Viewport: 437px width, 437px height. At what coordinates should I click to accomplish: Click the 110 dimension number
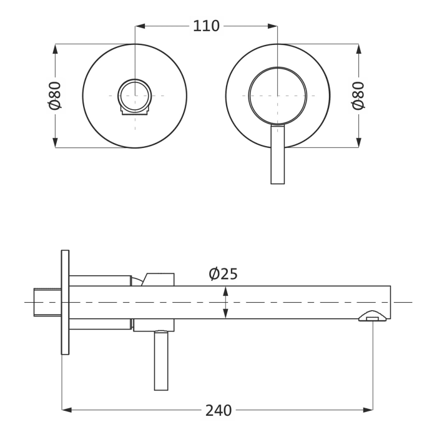[206, 26]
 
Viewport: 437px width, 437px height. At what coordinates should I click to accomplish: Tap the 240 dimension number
[219, 410]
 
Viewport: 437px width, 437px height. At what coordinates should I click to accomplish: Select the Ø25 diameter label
[223, 274]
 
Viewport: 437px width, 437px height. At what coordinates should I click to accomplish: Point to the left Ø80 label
[55, 96]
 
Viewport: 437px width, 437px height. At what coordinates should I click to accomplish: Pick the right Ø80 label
[358, 96]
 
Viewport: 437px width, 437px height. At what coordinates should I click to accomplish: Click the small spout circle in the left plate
[135, 96]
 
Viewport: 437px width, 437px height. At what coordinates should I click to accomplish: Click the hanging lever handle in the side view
[161, 361]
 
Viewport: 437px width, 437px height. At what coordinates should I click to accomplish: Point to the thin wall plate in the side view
[65, 302]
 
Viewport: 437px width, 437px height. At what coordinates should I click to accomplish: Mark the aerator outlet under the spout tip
[373, 318]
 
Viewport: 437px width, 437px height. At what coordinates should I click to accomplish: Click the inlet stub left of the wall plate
[47, 302]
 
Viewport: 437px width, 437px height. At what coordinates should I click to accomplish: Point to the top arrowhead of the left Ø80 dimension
[55, 48]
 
